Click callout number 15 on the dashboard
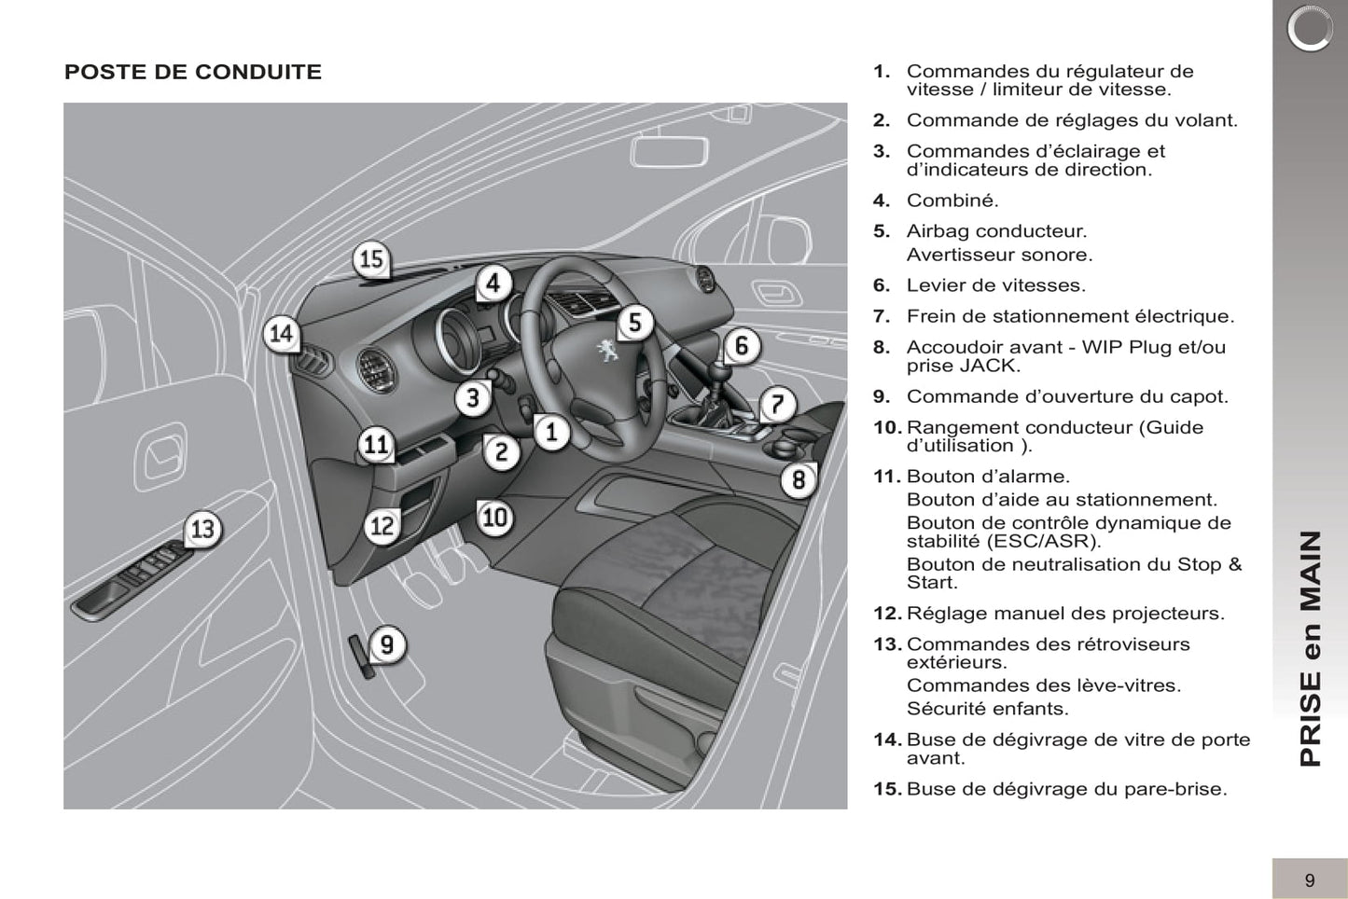[x=371, y=258]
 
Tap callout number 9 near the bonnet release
[x=386, y=643]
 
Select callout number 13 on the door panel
[x=202, y=529]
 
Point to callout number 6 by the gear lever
[x=742, y=346]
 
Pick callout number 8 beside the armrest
[x=799, y=479]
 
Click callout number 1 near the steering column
[x=551, y=432]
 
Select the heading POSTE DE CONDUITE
[x=193, y=72]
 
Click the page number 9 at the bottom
[x=1310, y=879]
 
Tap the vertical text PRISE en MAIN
[x=1311, y=648]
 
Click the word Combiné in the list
[x=952, y=201]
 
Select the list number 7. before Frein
[x=882, y=316]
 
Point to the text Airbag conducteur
[x=996, y=231]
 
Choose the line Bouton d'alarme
[x=988, y=477]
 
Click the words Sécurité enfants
[x=987, y=709]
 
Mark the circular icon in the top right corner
[x=1310, y=29]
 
